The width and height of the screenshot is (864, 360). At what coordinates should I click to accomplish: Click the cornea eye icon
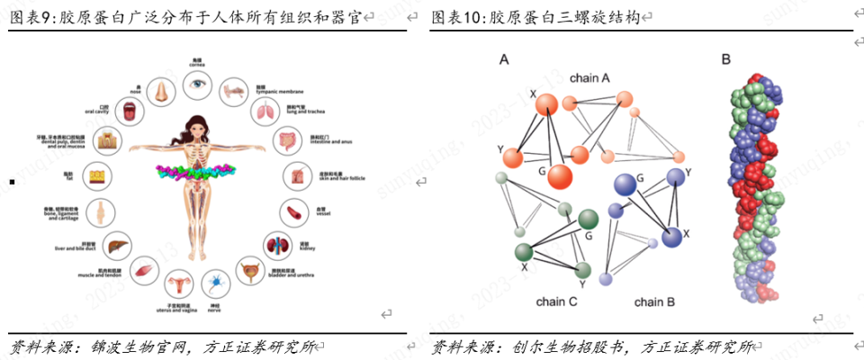click(x=197, y=85)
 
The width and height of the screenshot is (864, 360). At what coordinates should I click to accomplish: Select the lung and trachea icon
click(x=266, y=112)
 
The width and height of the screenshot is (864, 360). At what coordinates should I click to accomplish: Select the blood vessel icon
click(x=295, y=212)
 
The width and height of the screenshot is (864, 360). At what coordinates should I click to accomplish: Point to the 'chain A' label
click(x=589, y=78)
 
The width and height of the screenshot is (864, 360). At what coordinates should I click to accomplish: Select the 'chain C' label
click(x=556, y=301)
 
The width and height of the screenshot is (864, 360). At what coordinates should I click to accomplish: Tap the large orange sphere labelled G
click(x=560, y=175)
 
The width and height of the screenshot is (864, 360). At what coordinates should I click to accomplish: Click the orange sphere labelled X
click(x=547, y=104)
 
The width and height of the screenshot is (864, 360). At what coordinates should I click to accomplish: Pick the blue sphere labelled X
click(x=671, y=238)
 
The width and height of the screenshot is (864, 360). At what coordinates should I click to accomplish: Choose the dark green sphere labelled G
click(x=589, y=219)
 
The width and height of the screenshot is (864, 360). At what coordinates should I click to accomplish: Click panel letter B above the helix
click(x=725, y=60)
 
